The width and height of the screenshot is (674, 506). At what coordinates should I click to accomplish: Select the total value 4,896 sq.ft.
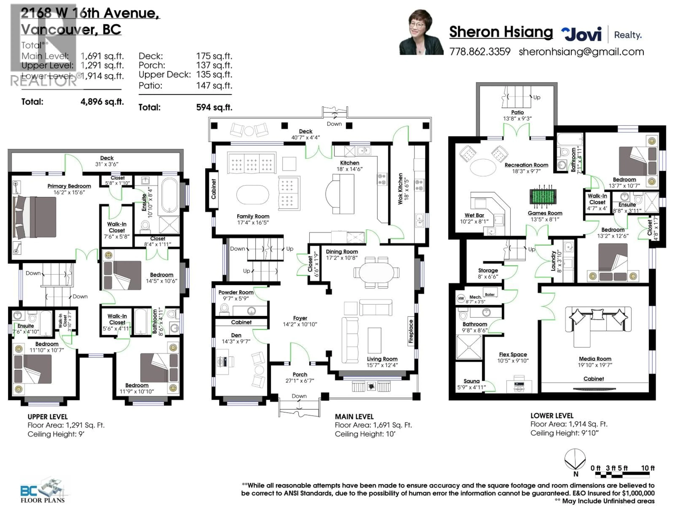point(102,102)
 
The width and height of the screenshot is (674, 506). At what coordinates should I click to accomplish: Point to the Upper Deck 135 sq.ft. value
point(214,74)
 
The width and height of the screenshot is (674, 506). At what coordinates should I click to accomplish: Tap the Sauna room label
point(471,381)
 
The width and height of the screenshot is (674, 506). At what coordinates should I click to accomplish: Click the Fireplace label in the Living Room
point(411,331)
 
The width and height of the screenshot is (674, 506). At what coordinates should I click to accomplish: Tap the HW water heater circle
point(461,298)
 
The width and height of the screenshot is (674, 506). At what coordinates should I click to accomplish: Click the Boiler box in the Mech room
point(490,294)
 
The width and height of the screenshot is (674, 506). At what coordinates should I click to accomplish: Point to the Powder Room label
point(236,292)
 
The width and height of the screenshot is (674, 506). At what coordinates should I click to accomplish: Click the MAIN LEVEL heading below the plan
point(354,417)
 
